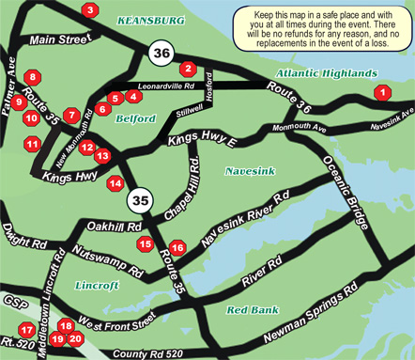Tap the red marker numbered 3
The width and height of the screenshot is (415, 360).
pyautogui.click(x=90, y=10)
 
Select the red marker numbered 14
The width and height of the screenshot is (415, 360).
pyautogui.click(x=115, y=183)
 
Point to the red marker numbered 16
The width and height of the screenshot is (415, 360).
pyautogui.click(x=177, y=247)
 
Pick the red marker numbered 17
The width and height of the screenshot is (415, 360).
pyautogui.click(x=27, y=330)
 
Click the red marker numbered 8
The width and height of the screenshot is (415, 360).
pyautogui.click(x=34, y=77)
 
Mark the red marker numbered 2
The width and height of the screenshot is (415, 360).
pyautogui.click(x=188, y=68)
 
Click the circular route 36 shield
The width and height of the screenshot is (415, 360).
pyautogui.click(x=161, y=54)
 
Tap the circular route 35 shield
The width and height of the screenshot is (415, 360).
pyautogui.click(x=139, y=200)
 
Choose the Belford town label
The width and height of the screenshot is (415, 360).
pyautogui.click(x=135, y=118)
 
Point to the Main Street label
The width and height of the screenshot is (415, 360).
pyautogui.click(x=56, y=40)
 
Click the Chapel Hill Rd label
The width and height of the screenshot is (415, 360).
pyautogui.click(x=184, y=189)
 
